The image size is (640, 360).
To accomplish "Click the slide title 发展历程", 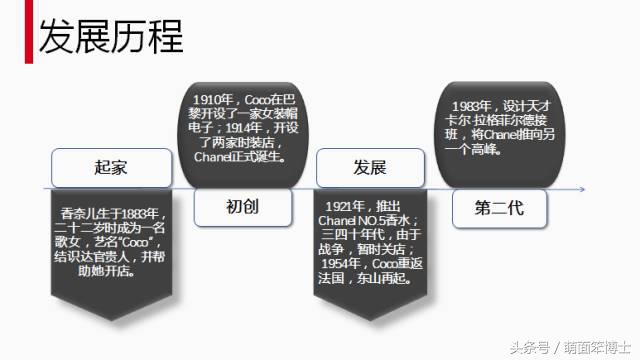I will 110,37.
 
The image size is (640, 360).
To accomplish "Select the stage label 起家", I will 110,166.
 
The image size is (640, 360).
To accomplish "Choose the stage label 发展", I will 369,166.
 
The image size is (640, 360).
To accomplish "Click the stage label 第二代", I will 499,208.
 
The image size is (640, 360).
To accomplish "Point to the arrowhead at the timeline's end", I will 583,187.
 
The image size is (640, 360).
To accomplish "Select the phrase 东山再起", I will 388,284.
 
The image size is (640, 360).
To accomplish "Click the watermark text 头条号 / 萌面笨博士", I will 573,346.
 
